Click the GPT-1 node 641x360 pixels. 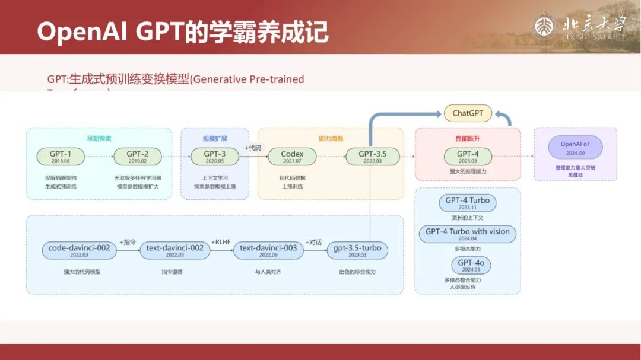pos(60,157)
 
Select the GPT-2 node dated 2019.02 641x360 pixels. pos(137,157)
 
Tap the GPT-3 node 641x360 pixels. pos(214,157)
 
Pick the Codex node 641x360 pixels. pos(292,157)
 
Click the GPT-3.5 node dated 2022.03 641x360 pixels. pos(372,157)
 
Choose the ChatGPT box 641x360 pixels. pos(468,113)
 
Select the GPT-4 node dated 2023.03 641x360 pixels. pos(468,157)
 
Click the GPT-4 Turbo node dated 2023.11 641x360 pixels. pos(468,203)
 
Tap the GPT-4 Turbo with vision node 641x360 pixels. pos(468,234)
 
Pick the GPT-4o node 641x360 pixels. pos(468,265)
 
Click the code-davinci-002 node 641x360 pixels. pos(79,250)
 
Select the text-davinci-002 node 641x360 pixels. pos(174,250)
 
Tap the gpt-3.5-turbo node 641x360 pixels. pos(357,250)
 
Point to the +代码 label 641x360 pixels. pos(253,148)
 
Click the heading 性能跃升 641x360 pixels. pos(468,138)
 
